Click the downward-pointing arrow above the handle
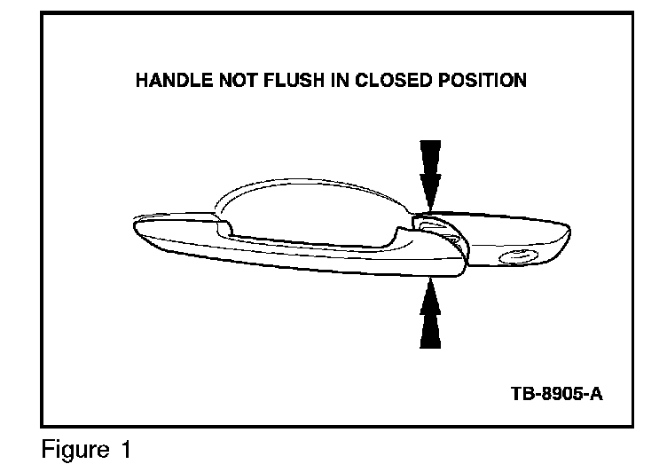pos(430,174)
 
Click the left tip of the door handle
pos(134,224)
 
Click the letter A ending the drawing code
pos(596,392)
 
